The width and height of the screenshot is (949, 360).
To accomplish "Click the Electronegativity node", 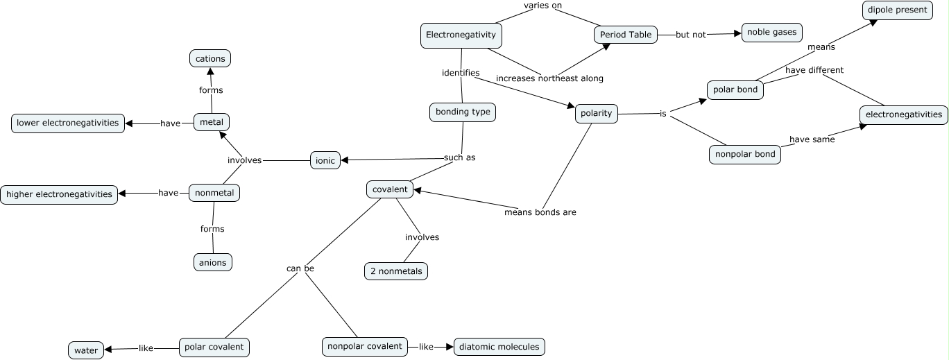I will [x=461, y=35].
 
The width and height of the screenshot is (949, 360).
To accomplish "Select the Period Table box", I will [x=626, y=35].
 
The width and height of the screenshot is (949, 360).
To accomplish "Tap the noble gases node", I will [x=772, y=33].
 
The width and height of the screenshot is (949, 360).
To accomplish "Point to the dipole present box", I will [x=897, y=10].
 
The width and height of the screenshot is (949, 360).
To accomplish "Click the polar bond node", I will [x=735, y=90].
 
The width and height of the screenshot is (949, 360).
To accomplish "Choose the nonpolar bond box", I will [x=745, y=155].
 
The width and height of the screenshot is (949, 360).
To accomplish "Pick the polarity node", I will [x=597, y=114].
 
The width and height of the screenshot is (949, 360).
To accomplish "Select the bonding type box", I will [x=463, y=112].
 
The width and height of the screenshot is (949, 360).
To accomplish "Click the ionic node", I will [x=325, y=161].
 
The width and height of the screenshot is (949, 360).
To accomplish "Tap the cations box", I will [x=210, y=59].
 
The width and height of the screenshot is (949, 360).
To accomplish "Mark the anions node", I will [x=212, y=262].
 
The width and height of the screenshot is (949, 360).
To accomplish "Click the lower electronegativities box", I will [x=68, y=123].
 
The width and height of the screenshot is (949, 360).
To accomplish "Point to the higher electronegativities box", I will [x=59, y=194].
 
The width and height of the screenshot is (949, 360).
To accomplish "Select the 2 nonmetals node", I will [x=396, y=271].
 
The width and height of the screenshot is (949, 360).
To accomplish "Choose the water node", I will [x=86, y=350].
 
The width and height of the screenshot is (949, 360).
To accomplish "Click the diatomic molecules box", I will [x=499, y=347].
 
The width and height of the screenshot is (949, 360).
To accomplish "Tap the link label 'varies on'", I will [x=542, y=6].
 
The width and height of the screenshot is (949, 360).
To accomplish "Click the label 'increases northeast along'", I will [x=549, y=78].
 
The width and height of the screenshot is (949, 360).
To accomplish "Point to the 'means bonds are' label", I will [x=540, y=212].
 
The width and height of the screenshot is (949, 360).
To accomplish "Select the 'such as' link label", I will [x=459, y=157].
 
